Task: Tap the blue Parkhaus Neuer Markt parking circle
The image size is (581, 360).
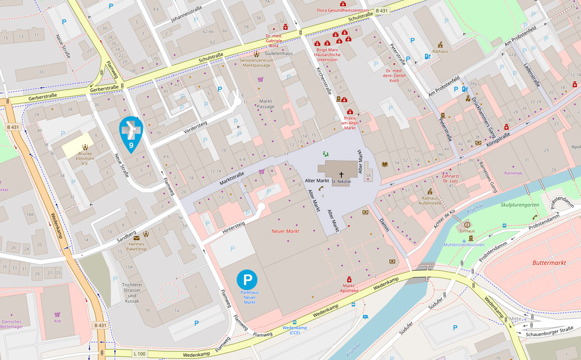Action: (x=247, y=279)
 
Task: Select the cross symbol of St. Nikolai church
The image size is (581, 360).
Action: (x=341, y=175)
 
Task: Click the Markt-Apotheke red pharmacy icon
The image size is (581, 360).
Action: (x=349, y=279)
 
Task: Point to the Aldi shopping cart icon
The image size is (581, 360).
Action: (x=57, y=314)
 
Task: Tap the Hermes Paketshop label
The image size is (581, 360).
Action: (x=137, y=246)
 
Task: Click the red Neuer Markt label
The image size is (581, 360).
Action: (x=286, y=231)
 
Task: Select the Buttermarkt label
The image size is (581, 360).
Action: (x=549, y=263)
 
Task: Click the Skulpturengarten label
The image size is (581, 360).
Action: (x=519, y=205)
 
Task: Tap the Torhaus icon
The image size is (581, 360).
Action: (x=467, y=225)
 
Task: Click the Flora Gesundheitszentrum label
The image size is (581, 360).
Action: (x=342, y=10)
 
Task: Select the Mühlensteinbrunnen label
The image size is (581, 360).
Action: (x=463, y=245)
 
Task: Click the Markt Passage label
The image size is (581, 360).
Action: (x=265, y=104)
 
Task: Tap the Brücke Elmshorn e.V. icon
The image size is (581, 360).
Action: (x=84, y=147)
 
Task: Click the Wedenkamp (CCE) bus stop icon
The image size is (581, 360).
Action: (x=295, y=322)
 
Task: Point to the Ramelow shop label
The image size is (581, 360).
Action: (x=513, y=173)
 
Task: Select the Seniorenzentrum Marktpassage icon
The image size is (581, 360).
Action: (x=256, y=54)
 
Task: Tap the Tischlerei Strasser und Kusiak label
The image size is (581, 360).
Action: (x=132, y=293)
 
